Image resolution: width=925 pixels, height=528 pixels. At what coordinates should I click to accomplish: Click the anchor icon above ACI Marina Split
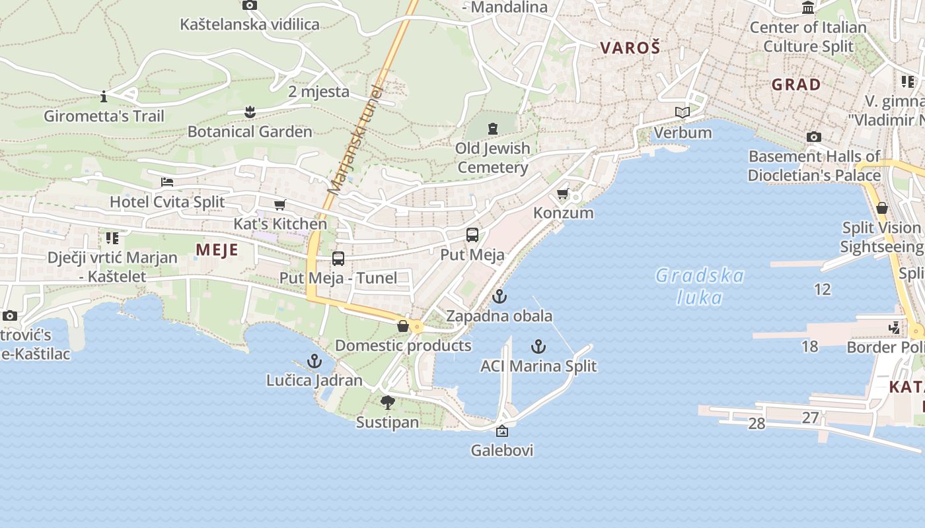pyautogui.click(x=538, y=346)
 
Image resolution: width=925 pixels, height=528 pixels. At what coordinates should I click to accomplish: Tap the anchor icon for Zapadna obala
pyautogui.click(x=499, y=296)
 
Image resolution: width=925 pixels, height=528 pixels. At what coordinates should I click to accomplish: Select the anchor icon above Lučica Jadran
pyautogui.click(x=314, y=361)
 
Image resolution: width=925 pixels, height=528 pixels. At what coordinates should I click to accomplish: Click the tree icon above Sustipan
pyautogui.click(x=388, y=402)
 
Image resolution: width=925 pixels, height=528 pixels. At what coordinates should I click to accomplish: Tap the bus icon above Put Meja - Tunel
pyautogui.click(x=338, y=259)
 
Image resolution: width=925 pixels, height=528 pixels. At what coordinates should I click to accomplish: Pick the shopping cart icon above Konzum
pyautogui.click(x=563, y=194)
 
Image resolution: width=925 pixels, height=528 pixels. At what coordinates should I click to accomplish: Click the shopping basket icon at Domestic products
pyautogui.click(x=402, y=326)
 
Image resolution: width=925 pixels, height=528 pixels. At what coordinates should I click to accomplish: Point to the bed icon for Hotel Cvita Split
pyautogui.click(x=167, y=182)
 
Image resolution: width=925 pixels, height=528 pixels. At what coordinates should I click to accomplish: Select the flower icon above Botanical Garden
pyautogui.click(x=250, y=112)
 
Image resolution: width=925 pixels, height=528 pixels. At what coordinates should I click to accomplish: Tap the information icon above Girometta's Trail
pyautogui.click(x=104, y=97)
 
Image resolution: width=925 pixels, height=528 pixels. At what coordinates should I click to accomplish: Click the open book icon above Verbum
pyautogui.click(x=683, y=113)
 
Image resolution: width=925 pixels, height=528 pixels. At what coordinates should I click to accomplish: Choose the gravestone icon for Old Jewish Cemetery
pyautogui.click(x=492, y=129)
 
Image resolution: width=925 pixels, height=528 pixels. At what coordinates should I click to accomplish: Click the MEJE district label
pyautogui.click(x=217, y=249)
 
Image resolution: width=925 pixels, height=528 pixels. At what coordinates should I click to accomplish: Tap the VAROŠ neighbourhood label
pyautogui.click(x=630, y=48)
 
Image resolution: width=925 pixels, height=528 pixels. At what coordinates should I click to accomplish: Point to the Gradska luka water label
pyautogui.click(x=700, y=286)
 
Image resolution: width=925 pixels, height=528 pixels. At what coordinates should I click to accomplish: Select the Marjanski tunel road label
pyautogui.click(x=355, y=140)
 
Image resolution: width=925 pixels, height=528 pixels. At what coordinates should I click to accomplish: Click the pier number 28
pyautogui.click(x=757, y=424)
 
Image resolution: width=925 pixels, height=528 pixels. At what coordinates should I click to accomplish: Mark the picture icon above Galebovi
pyautogui.click(x=502, y=432)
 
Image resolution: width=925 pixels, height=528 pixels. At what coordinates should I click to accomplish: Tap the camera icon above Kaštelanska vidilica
pyautogui.click(x=250, y=5)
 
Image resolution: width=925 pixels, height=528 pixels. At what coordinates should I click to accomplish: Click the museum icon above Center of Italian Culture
pyautogui.click(x=807, y=8)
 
